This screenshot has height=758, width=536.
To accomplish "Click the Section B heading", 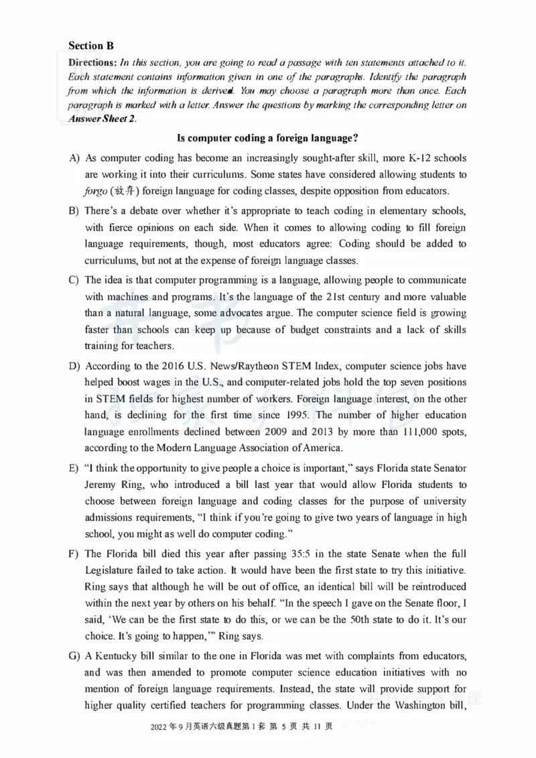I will coord(91,46).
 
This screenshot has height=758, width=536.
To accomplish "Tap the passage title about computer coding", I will coord(267,138).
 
